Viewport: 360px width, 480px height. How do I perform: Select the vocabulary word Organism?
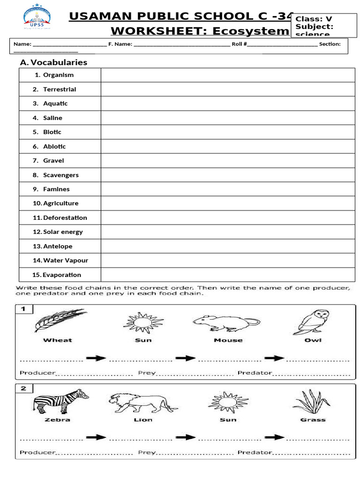click(x=58, y=75)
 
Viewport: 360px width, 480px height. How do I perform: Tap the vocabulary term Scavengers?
click(x=61, y=175)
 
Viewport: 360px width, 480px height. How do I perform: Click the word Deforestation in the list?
click(x=65, y=217)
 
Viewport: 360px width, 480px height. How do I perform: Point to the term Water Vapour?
click(x=65, y=260)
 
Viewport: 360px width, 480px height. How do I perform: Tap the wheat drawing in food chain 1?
click(x=59, y=320)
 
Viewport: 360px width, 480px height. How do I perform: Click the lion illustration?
click(x=142, y=402)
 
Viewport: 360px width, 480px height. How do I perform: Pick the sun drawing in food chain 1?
click(x=143, y=321)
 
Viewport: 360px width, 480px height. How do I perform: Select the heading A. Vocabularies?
click(x=53, y=62)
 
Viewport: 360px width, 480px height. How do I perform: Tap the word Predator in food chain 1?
click(x=255, y=373)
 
